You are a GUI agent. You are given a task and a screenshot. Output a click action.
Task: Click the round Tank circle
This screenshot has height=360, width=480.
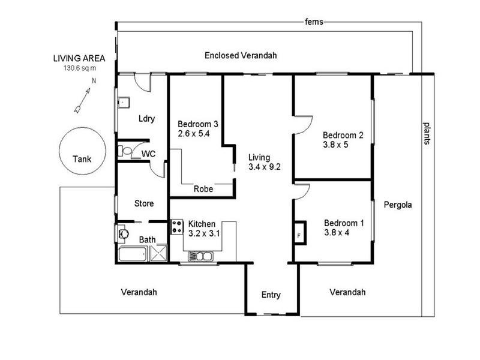(82, 152)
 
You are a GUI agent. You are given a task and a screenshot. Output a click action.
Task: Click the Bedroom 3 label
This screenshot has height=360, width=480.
(197, 124)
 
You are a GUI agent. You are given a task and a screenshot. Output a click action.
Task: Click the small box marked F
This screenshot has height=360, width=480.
(299, 234)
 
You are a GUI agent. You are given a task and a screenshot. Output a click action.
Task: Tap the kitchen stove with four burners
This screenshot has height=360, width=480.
(177, 227)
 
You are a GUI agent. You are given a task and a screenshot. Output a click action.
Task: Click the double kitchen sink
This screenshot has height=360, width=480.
(200, 256)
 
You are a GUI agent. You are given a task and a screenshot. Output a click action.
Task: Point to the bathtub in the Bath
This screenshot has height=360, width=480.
(132, 254)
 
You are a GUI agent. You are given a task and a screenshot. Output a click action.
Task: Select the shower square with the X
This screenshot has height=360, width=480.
(157, 254)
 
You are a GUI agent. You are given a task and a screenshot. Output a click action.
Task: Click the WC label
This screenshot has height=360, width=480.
(148, 154)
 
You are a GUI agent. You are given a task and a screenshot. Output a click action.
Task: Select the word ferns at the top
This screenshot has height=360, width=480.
(314, 22)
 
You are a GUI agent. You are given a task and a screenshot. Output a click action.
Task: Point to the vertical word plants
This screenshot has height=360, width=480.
(426, 134)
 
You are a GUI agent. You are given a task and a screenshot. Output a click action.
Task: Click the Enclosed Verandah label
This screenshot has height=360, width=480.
(241, 56)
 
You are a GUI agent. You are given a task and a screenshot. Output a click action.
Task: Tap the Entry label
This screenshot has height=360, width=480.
(271, 295)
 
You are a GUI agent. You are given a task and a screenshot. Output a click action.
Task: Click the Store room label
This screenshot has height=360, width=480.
(145, 203)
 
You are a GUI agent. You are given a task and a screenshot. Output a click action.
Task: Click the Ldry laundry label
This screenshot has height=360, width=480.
(147, 118)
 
